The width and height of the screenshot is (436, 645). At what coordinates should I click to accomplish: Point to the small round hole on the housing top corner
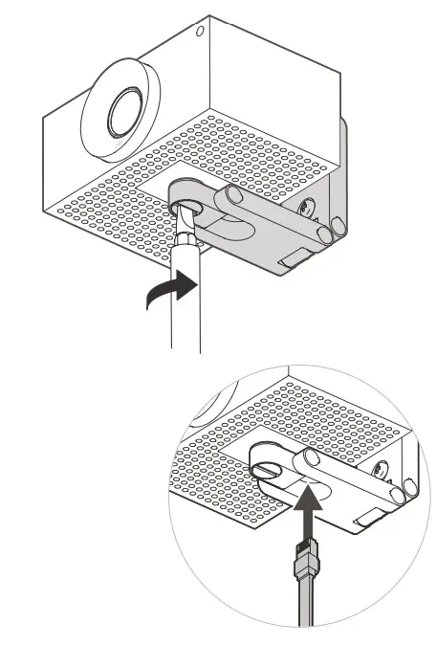(x=200, y=32)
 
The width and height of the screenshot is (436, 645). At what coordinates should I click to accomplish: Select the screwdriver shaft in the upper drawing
(x=185, y=297)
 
